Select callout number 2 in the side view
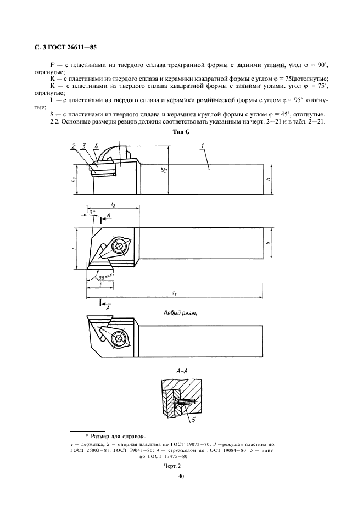(74, 146)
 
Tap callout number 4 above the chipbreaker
(96, 146)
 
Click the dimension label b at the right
(268, 242)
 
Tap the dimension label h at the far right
(268, 179)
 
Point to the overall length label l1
(175, 294)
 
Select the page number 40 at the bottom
(181, 477)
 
